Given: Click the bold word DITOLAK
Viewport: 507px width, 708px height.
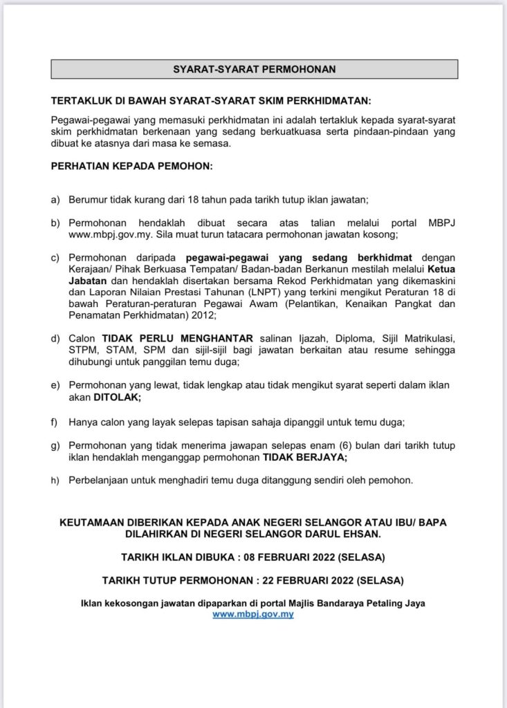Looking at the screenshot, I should [x=117, y=398].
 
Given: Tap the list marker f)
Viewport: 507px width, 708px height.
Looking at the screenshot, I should [x=55, y=421].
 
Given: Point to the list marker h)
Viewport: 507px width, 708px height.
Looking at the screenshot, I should [x=55, y=481].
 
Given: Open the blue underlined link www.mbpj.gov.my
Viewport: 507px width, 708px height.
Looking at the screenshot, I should [x=253, y=614].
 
